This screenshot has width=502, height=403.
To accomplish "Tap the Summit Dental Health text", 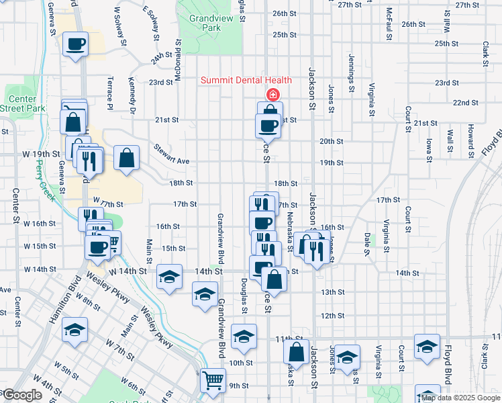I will click(x=246, y=81).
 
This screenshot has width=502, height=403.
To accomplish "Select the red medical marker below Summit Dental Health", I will click(x=273, y=94).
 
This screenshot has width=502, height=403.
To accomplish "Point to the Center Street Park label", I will click(x=22, y=103).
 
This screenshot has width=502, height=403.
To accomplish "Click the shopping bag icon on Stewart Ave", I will click(x=126, y=159).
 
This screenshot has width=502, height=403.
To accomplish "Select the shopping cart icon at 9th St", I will click(x=213, y=380).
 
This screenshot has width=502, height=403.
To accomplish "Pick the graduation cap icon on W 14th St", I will click(x=169, y=276).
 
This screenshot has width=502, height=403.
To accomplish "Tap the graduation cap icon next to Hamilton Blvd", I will click(x=74, y=330).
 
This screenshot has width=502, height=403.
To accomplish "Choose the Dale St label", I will click(x=367, y=244).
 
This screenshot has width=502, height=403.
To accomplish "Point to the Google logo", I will click(x=21, y=395).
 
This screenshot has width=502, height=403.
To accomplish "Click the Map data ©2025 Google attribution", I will click(x=460, y=398).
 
